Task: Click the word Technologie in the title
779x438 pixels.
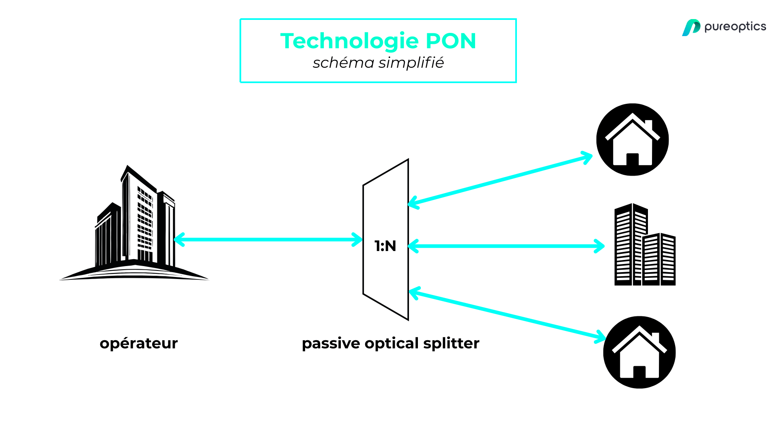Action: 349,41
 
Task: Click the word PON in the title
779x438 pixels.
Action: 450,41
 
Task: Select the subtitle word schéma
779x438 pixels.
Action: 343,63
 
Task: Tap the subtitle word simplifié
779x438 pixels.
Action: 411,63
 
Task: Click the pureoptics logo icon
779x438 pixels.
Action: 691,28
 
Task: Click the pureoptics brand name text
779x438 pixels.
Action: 735,27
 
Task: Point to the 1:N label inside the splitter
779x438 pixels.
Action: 385,246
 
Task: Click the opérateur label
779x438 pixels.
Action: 139,344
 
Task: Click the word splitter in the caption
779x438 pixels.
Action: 451,344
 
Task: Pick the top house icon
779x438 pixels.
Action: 632,140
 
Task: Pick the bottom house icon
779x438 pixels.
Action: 639,352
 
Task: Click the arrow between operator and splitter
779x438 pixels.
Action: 268,240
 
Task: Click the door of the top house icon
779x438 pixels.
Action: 633,159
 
